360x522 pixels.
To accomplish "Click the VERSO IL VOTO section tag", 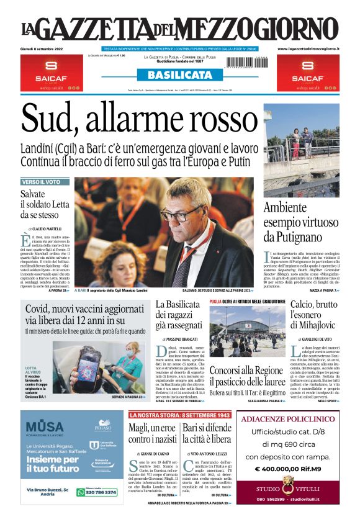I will (41, 182).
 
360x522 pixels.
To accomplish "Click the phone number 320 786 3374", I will (100, 492).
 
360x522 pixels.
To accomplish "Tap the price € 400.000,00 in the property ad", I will (287, 469).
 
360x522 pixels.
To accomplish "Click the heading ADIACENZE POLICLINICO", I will (287, 420).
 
